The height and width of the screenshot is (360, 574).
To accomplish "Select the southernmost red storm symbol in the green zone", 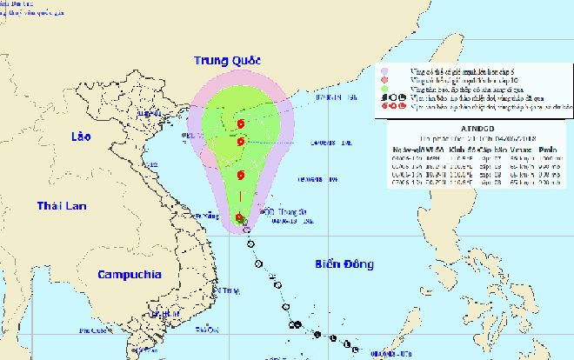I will tap(239, 217).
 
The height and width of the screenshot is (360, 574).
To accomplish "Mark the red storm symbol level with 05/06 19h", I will tap(240, 176).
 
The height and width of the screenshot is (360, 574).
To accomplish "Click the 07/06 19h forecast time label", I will tap(330, 97).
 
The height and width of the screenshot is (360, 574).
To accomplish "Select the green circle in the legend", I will tap(387, 89).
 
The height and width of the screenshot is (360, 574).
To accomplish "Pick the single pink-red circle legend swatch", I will tap(387, 80).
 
